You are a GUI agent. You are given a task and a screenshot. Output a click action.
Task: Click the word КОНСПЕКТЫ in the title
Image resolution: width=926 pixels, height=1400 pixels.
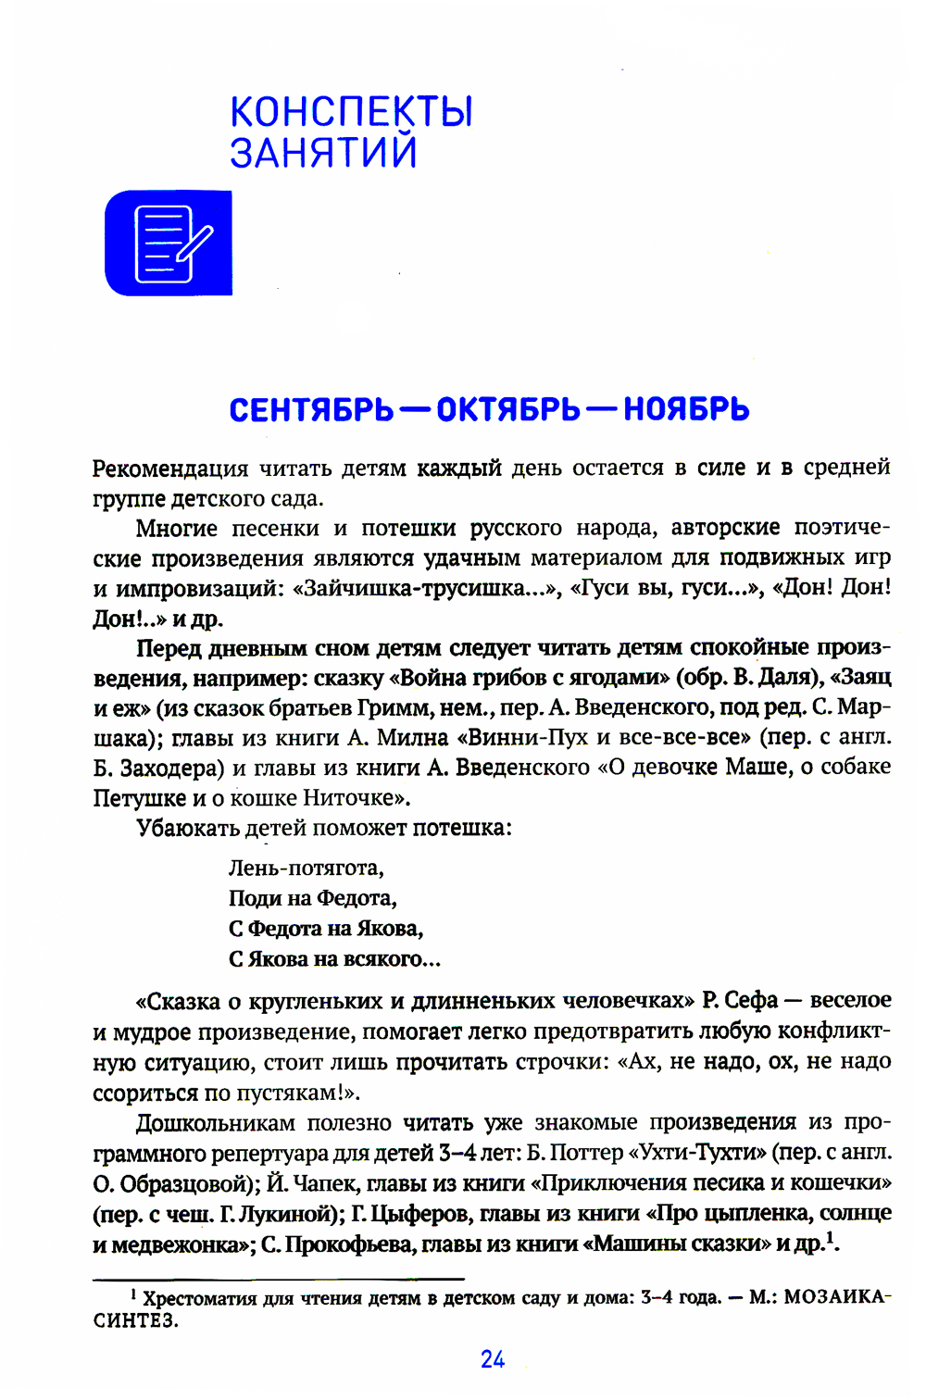[351, 112]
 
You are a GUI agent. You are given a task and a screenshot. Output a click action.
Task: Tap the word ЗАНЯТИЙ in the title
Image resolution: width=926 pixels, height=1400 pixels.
[323, 153]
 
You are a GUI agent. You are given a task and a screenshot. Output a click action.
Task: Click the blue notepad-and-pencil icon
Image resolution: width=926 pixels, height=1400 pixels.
[169, 244]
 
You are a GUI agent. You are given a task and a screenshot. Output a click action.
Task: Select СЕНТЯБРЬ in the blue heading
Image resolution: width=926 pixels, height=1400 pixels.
[311, 409]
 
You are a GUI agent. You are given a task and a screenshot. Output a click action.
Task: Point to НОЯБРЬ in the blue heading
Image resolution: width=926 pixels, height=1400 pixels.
[686, 409]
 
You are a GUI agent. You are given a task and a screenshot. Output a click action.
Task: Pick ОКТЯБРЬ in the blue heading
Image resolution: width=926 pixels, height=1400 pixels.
[508, 409]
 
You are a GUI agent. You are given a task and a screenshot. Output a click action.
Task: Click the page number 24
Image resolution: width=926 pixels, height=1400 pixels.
[493, 1359]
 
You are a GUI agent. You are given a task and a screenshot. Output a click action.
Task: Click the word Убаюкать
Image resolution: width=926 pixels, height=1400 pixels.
[188, 828]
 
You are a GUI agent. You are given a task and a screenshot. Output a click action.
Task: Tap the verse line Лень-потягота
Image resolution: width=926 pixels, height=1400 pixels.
[306, 869]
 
